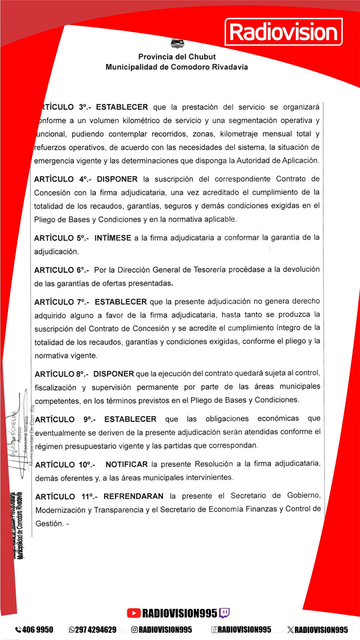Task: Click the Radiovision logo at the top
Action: click(x=284, y=32)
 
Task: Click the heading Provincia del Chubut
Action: click(x=177, y=57)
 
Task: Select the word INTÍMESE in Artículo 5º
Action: click(x=113, y=238)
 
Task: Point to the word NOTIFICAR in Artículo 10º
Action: click(x=127, y=464)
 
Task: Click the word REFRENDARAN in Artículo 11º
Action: click(x=133, y=496)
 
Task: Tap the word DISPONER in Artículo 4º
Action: click(x=117, y=179)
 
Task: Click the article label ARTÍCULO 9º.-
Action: click(x=65, y=419)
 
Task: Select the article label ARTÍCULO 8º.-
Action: click(x=62, y=374)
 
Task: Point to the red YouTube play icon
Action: click(x=134, y=613)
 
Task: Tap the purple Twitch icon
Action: click(x=224, y=613)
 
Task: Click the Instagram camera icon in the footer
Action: click(x=135, y=629)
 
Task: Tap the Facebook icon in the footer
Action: click(x=214, y=629)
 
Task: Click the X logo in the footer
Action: click(x=290, y=629)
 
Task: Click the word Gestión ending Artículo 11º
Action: click(x=49, y=523)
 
